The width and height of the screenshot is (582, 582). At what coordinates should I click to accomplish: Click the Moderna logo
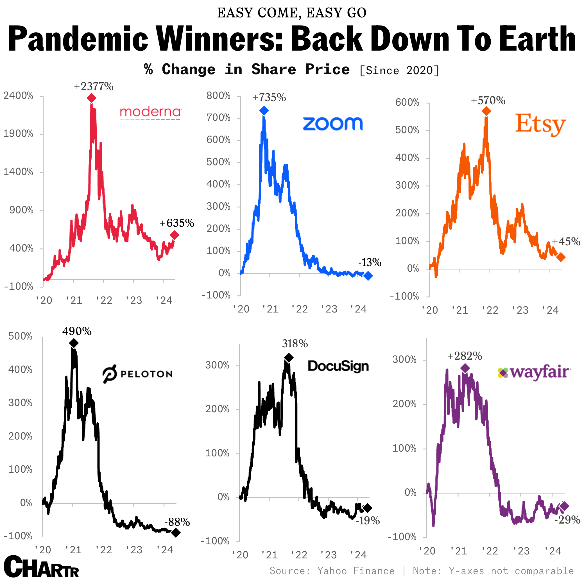pos(151,113)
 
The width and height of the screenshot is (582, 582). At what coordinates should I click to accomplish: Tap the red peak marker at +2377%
pos(92,98)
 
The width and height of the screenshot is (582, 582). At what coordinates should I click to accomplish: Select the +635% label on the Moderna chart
pos(177,223)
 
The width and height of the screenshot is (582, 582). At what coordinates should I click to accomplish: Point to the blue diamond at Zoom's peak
pos(264,110)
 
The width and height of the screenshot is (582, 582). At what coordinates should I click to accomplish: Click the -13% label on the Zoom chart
pos(370,263)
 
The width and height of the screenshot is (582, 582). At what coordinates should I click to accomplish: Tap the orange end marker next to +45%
pos(561,257)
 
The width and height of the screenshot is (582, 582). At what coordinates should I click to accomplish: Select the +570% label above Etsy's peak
pos(488,101)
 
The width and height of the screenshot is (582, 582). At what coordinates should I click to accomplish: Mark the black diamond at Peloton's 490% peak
pos(74,343)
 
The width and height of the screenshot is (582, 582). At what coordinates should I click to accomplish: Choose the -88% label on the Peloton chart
pos(177,522)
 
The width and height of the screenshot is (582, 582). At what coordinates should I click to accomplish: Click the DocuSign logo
pos(338,366)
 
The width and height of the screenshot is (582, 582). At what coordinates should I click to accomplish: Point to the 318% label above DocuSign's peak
pos(295,344)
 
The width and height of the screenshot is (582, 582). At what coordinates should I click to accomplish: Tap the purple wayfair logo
pos(533,373)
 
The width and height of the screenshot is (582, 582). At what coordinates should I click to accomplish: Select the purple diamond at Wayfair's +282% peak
pos(465,368)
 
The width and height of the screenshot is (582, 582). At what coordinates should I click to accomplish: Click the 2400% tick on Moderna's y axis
pos(18,96)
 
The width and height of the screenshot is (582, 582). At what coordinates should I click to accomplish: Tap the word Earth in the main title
pos(537,39)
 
